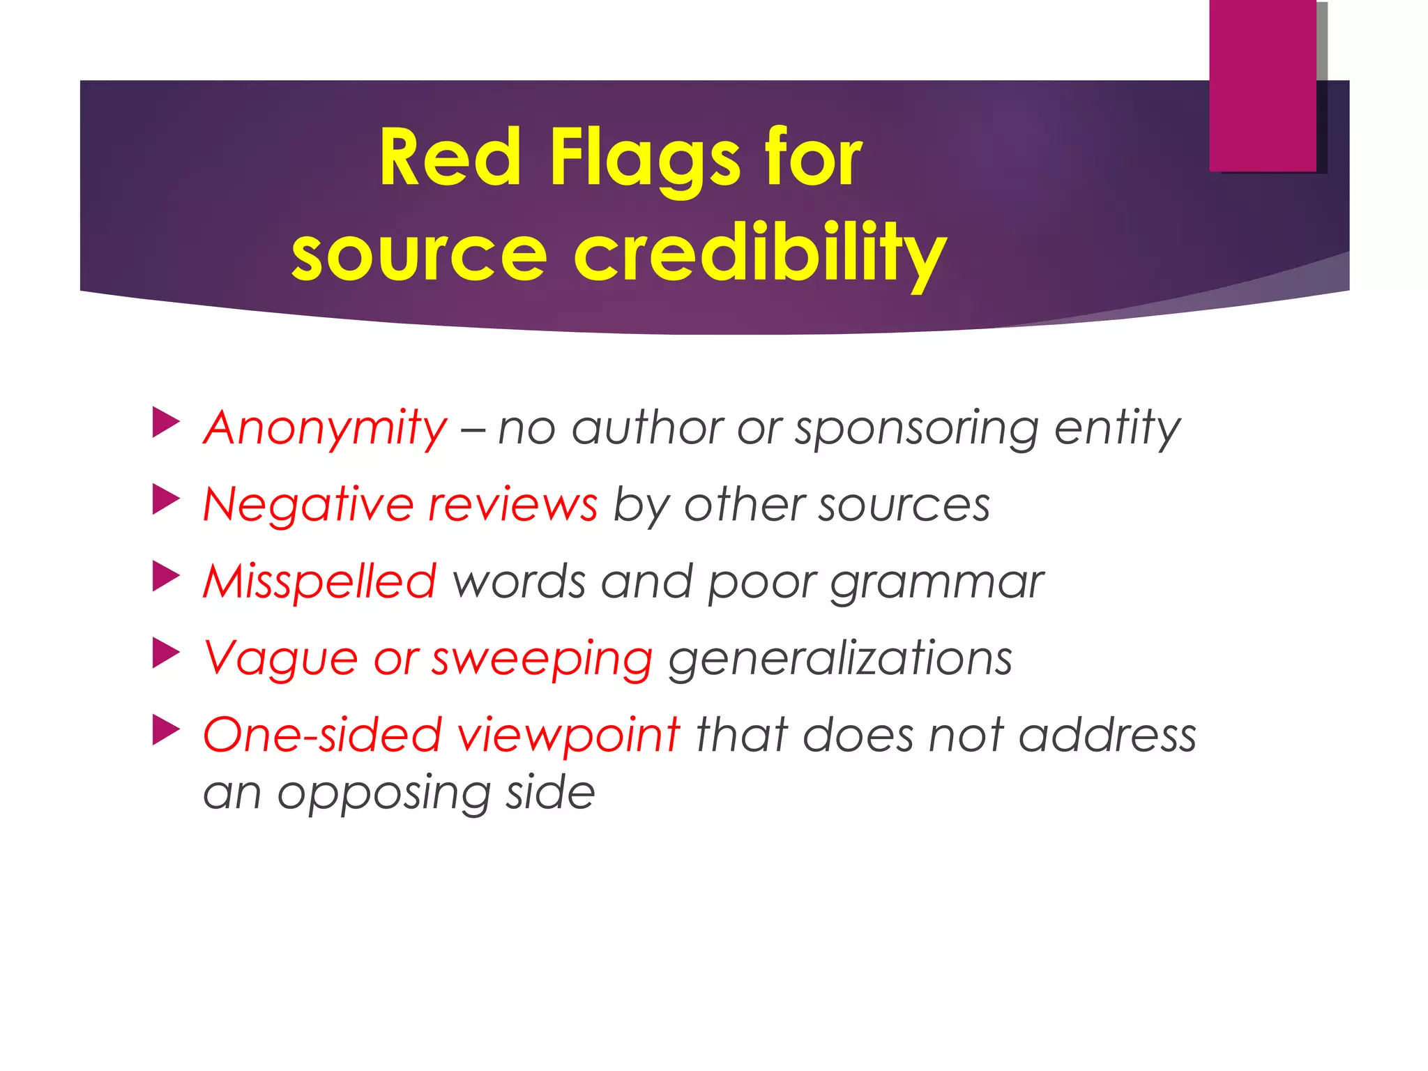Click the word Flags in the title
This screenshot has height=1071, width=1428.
tap(645, 159)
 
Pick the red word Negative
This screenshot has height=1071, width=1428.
tap(307, 504)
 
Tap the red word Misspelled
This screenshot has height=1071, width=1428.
tap(319, 581)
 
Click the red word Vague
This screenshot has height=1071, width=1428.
tap(280, 658)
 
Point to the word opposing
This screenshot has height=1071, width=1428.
tap(383, 793)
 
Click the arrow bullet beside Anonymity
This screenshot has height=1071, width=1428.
tap(165, 423)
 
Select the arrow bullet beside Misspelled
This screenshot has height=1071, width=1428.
tap(165, 577)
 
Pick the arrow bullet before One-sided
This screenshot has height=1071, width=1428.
tap(165, 730)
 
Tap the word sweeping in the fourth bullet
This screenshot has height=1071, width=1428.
tap(542, 659)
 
